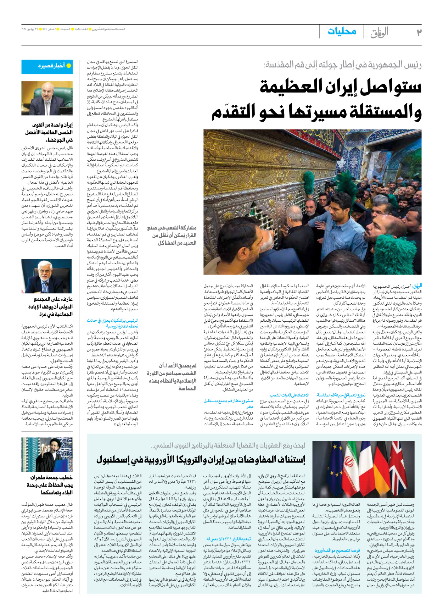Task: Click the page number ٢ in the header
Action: [419, 32]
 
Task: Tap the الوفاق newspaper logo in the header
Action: [379, 32]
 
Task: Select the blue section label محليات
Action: [342, 31]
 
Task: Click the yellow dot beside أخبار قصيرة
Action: [69, 66]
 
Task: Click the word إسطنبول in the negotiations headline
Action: [113, 460]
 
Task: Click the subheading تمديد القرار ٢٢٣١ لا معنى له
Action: [229, 539]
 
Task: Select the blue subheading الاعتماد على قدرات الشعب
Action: [289, 395]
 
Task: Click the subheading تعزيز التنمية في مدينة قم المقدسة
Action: [341, 395]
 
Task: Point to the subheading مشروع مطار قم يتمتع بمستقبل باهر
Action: [229, 404]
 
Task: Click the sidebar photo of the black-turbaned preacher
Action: [47, 454]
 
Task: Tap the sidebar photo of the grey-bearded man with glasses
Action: [47, 276]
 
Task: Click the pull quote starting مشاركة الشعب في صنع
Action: [172, 235]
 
